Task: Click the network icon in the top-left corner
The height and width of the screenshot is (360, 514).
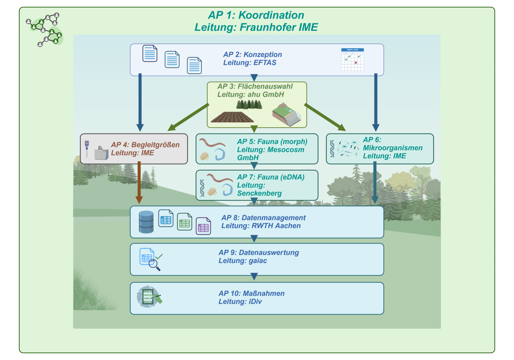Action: click(44, 29)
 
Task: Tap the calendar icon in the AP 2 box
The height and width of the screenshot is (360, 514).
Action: click(352, 59)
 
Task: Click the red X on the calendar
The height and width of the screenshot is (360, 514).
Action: click(356, 63)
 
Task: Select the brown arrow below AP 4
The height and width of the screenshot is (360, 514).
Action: click(139, 182)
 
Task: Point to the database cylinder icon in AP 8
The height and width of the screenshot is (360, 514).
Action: click(146, 222)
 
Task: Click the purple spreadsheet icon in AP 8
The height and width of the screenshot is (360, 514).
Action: click(203, 226)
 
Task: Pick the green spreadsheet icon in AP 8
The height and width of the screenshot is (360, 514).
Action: click(185, 221)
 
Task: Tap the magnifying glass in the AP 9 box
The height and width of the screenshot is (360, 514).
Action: click(154, 265)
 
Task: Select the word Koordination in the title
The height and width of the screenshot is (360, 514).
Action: click(271, 15)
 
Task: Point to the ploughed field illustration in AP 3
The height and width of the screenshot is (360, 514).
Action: click(232, 117)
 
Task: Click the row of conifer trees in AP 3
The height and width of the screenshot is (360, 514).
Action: click(249, 104)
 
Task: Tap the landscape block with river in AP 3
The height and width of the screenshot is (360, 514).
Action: click(287, 114)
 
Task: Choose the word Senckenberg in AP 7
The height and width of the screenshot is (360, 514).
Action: click(259, 193)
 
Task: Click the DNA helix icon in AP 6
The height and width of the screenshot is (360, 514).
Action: click(332, 149)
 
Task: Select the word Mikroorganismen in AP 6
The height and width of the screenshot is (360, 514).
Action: click(392, 148)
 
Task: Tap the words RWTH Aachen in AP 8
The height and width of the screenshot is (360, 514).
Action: click(276, 226)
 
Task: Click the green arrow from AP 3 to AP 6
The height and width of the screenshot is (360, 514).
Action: click(325, 117)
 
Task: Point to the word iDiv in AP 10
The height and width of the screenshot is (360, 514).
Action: click(255, 301)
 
